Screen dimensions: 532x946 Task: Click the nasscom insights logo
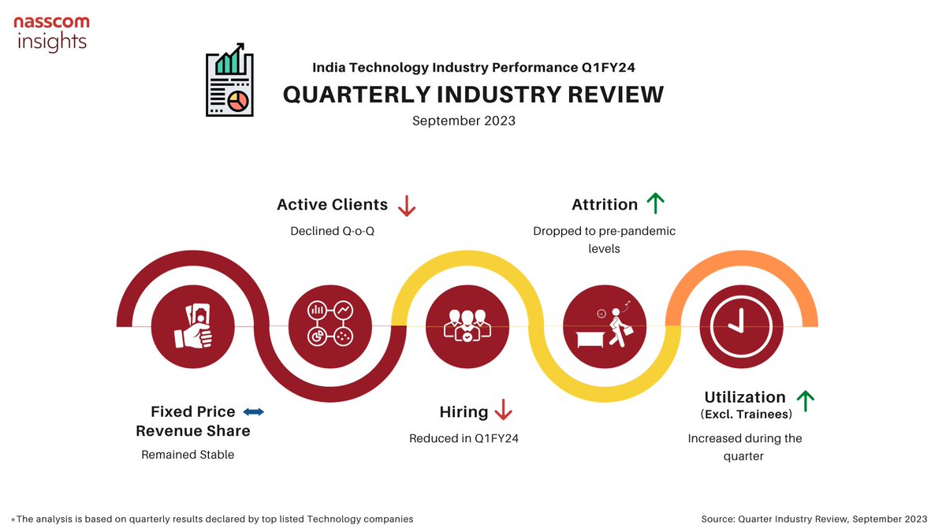(x=51, y=33)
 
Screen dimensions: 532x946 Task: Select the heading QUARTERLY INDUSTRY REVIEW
(x=473, y=95)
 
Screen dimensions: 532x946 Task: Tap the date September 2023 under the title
(x=464, y=121)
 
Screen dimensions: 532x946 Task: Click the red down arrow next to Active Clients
(x=407, y=206)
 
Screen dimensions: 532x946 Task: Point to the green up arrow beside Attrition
(x=655, y=204)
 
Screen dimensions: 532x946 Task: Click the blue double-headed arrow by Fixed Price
(x=253, y=411)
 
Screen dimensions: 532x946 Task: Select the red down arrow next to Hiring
(x=503, y=411)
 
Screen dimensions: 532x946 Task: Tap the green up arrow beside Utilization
(x=805, y=401)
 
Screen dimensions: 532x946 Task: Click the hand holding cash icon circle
(x=193, y=324)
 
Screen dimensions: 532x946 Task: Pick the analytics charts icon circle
(x=330, y=324)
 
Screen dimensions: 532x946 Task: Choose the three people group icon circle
(x=467, y=324)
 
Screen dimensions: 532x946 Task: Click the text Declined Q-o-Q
(x=331, y=232)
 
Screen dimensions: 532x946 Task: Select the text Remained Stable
(x=188, y=455)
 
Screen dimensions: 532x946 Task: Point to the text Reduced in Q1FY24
(x=464, y=438)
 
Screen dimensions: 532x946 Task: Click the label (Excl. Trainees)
(x=745, y=415)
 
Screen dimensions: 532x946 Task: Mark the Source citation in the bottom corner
(x=814, y=519)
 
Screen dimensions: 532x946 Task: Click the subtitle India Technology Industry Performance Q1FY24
(x=473, y=68)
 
